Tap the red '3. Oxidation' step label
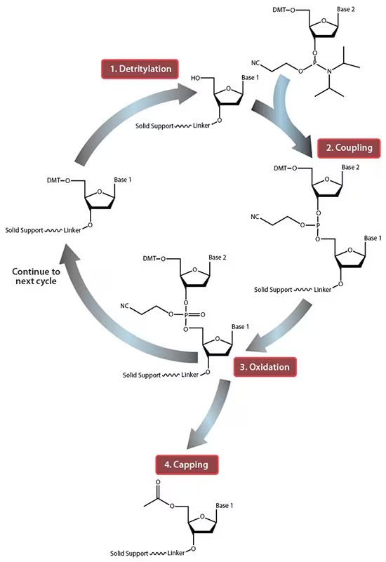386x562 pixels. click(261, 366)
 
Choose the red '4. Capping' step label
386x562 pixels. click(186, 464)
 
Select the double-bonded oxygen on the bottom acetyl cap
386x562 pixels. click(159, 483)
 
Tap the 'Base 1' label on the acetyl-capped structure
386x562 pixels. click(226, 506)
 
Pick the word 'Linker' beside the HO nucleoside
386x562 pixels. click(201, 128)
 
